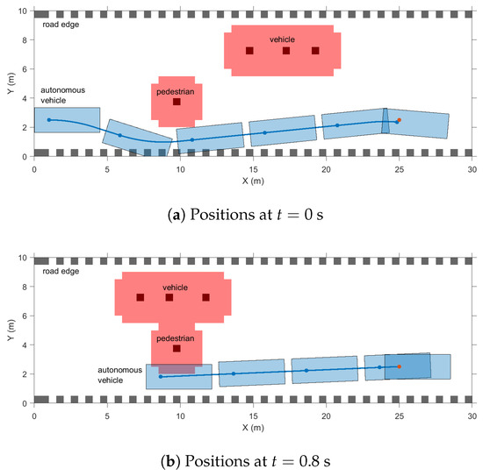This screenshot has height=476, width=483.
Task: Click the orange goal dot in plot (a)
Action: tap(400, 120)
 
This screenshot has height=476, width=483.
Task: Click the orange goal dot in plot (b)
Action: tap(400, 366)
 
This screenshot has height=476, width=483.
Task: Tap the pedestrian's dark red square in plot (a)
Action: tap(177, 102)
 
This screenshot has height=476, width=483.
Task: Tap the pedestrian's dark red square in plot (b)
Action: tap(177, 348)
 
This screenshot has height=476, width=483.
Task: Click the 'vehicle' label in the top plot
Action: tap(282, 39)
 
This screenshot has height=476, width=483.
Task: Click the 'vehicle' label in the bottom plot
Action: tap(175, 287)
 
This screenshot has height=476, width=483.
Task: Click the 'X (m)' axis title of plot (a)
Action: tap(253, 179)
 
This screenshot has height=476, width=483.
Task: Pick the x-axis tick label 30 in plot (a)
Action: tap(472, 167)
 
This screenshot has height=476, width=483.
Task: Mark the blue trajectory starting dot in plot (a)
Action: tap(48, 119)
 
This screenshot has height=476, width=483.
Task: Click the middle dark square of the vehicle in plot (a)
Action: tap(286, 51)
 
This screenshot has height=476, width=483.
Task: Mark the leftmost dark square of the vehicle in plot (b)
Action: tap(140, 297)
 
